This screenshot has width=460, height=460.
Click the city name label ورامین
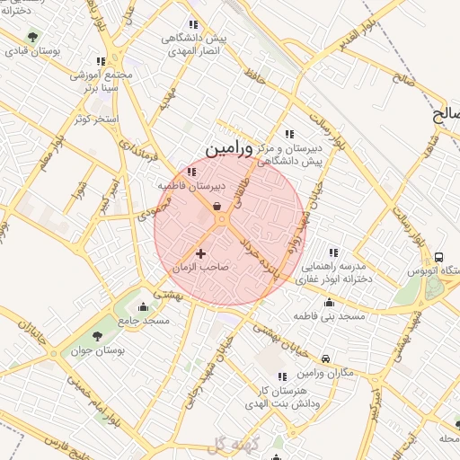click(226, 148)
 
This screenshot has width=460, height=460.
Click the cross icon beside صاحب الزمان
click(200, 254)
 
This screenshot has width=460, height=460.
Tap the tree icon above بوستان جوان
click(97, 335)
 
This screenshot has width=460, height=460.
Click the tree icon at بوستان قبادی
click(32, 38)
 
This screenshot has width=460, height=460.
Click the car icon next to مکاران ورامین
click(324, 358)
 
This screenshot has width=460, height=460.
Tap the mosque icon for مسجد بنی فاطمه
click(331, 303)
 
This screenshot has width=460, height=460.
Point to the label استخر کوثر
click(96, 118)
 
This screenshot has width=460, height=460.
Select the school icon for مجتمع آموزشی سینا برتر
click(101, 61)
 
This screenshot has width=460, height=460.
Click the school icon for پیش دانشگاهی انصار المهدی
click(192, 25)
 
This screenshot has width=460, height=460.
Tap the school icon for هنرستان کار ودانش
click(282, 377)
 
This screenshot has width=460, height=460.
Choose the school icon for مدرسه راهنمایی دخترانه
click(333, 252)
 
